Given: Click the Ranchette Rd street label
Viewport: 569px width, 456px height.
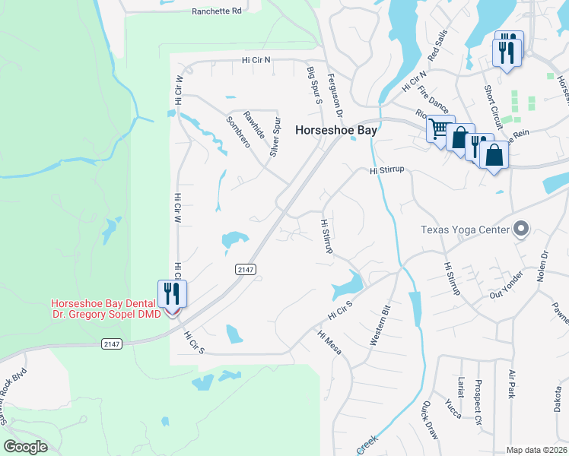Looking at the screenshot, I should coord(216,11).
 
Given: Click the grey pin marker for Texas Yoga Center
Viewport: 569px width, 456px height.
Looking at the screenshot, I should coord(520,228).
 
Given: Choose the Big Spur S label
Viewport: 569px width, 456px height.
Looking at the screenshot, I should coord(311,81).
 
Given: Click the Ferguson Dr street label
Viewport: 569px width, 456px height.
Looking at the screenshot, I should coord(335,95).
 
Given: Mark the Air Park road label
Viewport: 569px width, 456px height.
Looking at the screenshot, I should coord(511,385).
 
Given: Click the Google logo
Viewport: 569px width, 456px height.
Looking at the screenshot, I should coord(25,447).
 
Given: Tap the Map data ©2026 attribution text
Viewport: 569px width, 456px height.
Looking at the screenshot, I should coord(536,450).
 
